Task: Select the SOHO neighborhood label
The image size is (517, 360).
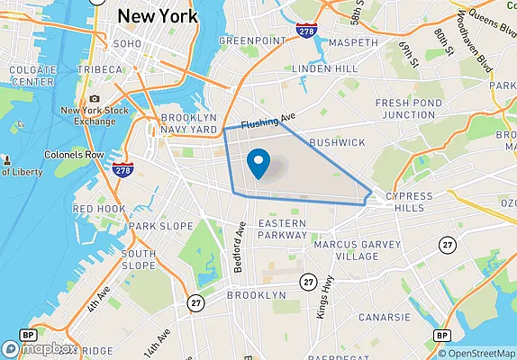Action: pyautogui.click(x=126, y=43)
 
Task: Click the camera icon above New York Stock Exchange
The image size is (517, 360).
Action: pyautogui.click(x=95, y=99)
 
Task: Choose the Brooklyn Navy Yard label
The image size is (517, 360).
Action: pyautogui.click(x=189, y=124)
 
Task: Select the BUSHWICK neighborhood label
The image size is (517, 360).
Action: pyautogui.click(x=337, y=142)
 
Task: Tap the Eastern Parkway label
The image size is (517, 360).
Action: pyautogui.click(x=283, y=229)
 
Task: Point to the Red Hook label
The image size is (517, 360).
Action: pyautogui.click(x=99, y=209)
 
